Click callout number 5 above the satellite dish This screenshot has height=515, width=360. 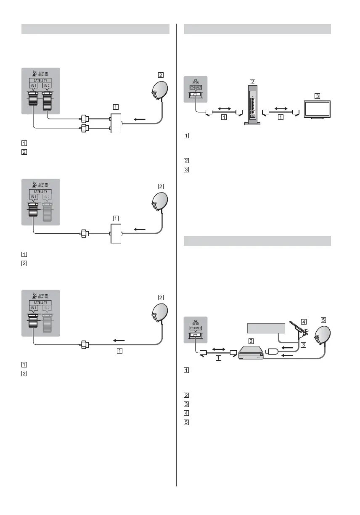point(323,320)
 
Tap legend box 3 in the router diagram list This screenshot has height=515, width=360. point(186,170)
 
